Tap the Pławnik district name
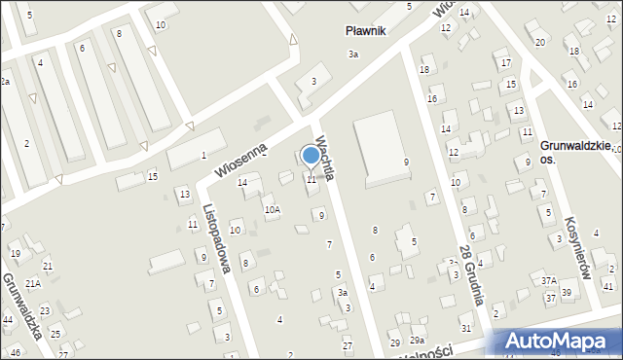pos(366,31)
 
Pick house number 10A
pos(273,209)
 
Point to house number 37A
pos(549,280)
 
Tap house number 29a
pos(417,340)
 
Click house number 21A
pos(33,283)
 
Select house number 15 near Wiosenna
pos(152,176)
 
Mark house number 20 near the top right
pos(539,42)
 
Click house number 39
pos(567,294)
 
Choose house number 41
pos(608,286)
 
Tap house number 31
pos(466,329)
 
